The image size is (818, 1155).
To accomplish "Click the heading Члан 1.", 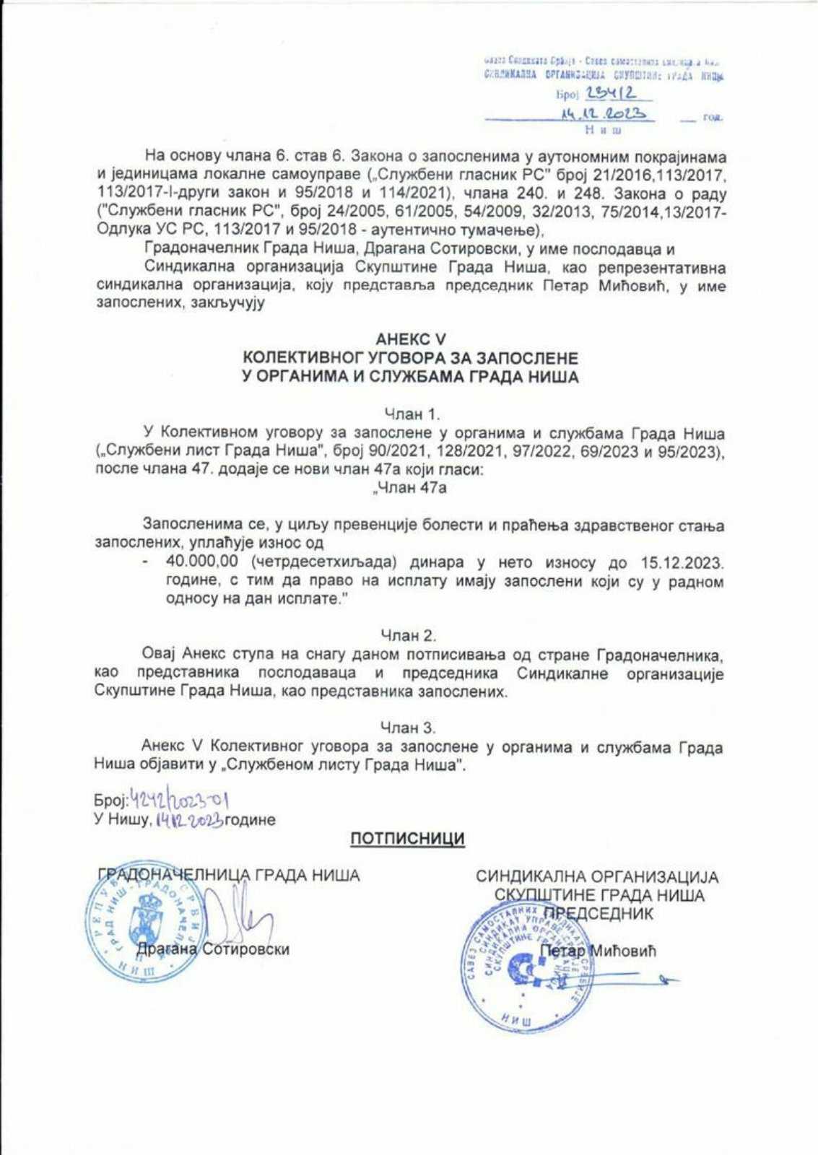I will tap(411, 414).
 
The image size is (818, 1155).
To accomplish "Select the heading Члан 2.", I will tap(409, 635).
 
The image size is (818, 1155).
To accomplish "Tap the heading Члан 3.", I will tap(409, 728).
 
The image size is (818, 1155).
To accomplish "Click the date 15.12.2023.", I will tap(682, 562).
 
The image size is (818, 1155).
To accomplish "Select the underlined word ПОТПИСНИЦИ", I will tap(408, 839).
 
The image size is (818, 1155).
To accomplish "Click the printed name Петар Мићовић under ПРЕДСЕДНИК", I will tap(599, 951).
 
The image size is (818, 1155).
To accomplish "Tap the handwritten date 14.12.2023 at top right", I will tap(603, 114).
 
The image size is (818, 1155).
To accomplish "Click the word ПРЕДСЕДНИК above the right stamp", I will tap(599, 913).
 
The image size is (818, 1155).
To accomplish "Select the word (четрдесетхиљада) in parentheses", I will tap(325, 562).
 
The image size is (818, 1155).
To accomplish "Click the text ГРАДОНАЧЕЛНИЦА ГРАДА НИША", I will tap(228, 876).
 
